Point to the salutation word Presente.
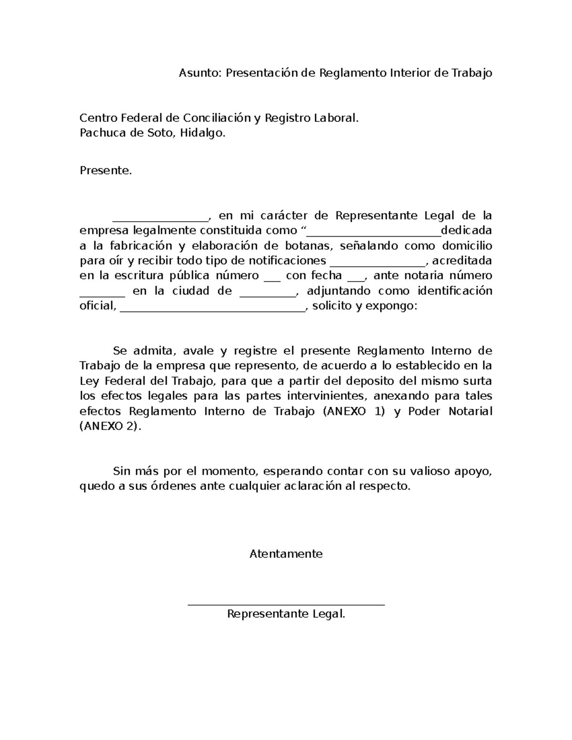(x=105, y=171)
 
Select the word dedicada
(x=467, y=231)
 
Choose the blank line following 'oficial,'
(x=212, y=310)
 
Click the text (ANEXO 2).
(x=110, y=426)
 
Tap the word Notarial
(x=470, y=411)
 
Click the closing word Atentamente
(x=286, y=554)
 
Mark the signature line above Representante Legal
(x=286, y=605)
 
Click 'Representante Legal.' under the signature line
(x=286, y=614)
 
